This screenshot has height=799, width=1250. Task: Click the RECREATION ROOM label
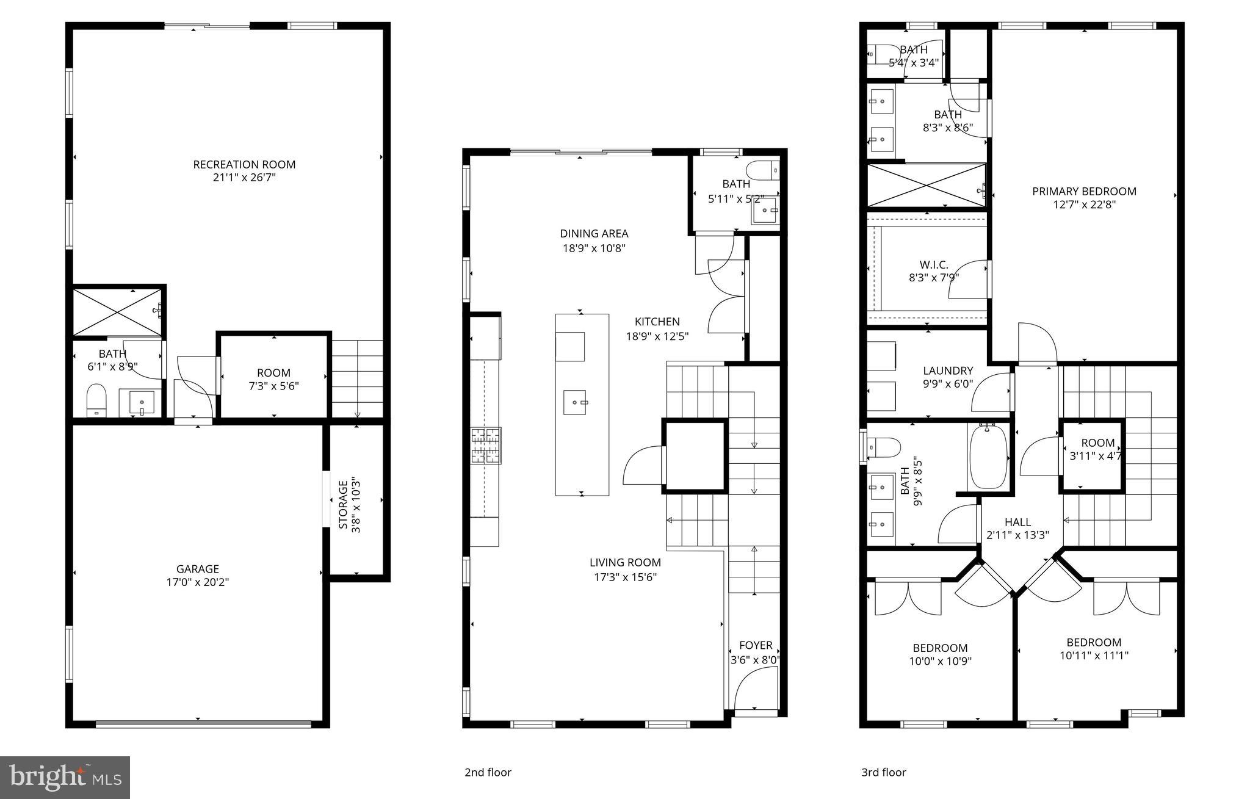[244, 164]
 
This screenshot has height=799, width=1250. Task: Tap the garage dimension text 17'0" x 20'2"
[197, 582]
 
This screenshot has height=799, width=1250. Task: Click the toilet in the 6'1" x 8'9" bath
[96, 399]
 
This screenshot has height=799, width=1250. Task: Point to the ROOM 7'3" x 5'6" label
[273, 373]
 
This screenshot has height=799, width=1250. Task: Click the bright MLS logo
[65, 777]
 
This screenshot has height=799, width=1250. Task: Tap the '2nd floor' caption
[488, 772]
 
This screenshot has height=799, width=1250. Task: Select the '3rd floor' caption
[883, 772]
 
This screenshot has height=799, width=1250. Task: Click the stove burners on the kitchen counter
[486, 446]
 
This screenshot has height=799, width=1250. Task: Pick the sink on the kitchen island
[575, 402]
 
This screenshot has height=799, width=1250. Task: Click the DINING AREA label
[594, 234]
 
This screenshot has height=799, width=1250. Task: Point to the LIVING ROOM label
[625, 563]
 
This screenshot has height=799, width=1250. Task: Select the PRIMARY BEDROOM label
[1084, 192]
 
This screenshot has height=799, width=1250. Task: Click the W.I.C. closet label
[934, 265]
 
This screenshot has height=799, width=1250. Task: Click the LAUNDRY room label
[947, 371]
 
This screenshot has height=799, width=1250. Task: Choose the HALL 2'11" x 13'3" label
[1017, 522]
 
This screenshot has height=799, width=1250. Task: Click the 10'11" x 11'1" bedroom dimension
[1094, 656]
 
